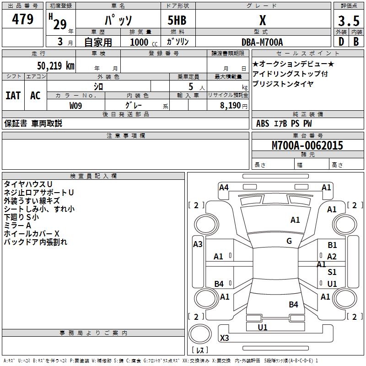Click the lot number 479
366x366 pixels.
point(23,19)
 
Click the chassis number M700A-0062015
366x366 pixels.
point(307,145)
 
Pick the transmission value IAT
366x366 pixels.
point(13,96)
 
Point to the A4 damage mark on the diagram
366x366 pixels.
point(224,187)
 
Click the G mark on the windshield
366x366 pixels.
point(289,241)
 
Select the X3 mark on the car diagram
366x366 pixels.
point(224,338)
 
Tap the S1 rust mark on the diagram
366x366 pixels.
point(332,272)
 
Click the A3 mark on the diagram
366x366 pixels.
point(198,244)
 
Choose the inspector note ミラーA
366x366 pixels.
point(17,226)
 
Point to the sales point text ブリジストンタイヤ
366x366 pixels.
point(283,84)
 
